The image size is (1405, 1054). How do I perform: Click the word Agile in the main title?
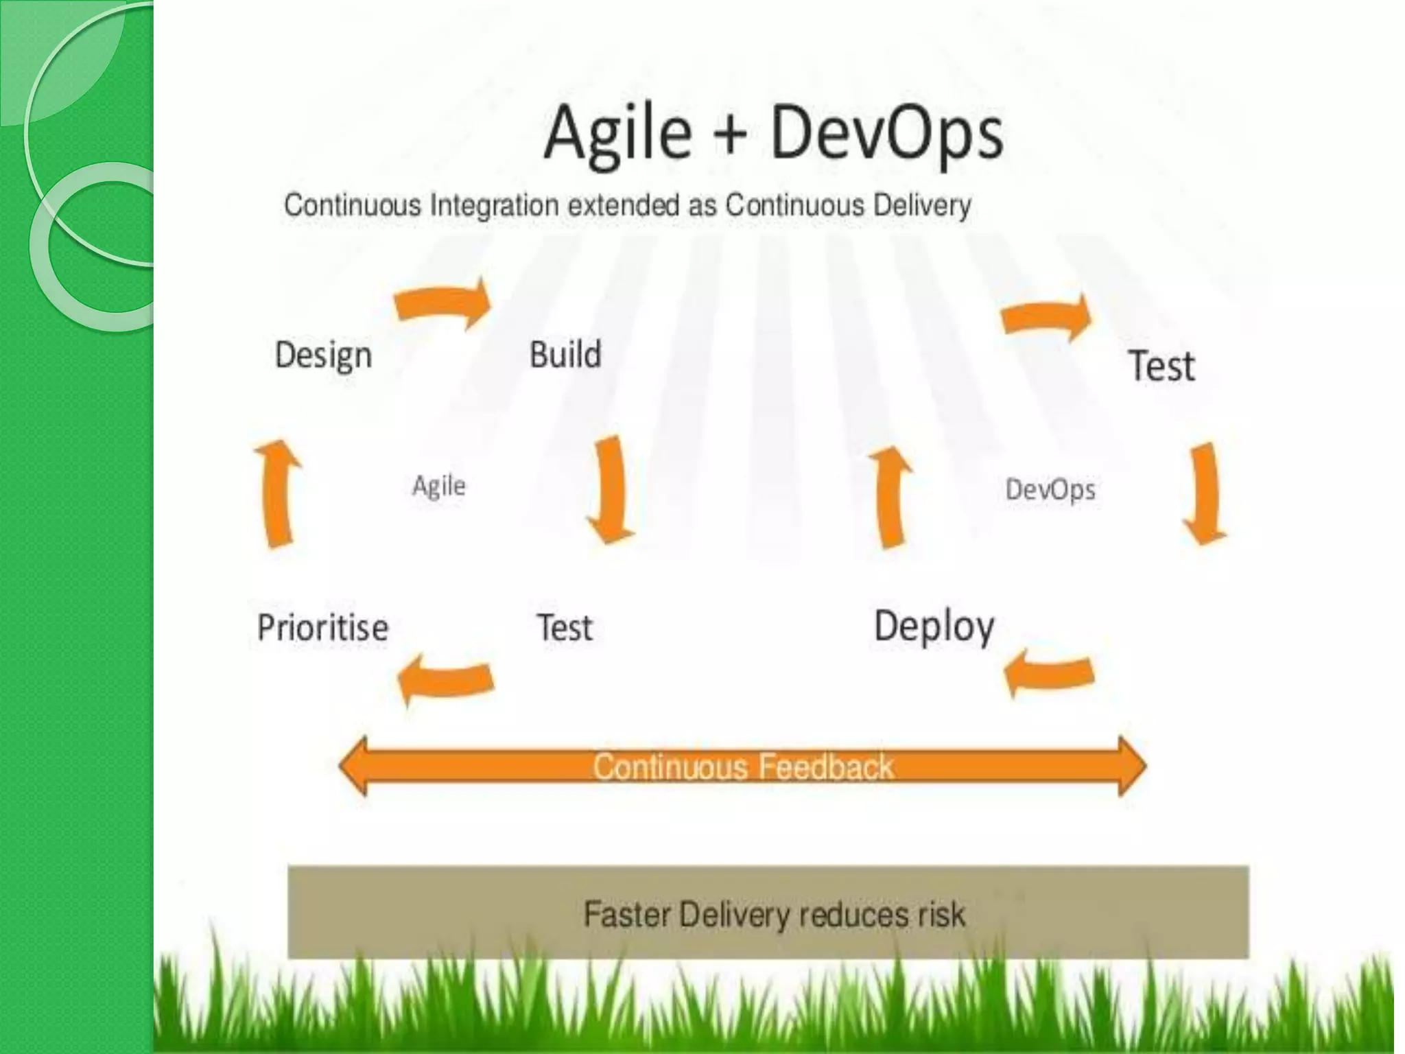tap(617, 134)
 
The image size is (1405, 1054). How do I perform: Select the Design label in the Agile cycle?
tap(323, 355)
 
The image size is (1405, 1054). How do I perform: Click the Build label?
tap(565, 354)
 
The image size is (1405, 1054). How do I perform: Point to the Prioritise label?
tap(322, 627)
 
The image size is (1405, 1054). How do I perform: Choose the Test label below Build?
tap(564, 627)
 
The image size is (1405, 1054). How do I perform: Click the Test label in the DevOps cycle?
tap(1161, 365)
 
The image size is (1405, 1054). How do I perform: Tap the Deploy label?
tap(934, 626)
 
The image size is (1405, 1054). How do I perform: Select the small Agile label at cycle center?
tap(438, 486)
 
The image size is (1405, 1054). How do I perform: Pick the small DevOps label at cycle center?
tap(1050, 489)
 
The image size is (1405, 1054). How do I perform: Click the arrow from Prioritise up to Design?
tap(279, 493)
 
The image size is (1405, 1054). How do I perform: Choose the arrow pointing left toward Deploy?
tap(1048, 672)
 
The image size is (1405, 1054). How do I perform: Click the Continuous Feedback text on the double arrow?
tap(743, 766)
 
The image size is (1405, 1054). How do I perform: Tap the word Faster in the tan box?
tap(627, 915)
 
